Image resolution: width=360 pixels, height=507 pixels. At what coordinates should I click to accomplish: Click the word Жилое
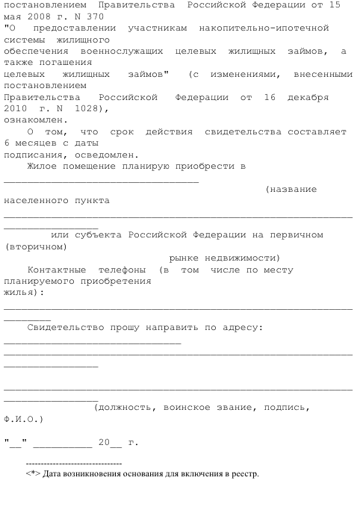coord(42,166)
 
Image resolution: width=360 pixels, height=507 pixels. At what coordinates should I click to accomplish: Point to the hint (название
coord(291,190)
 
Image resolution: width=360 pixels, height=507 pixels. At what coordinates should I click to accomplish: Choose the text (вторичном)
coord(35,246)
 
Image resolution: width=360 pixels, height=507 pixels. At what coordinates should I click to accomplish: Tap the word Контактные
coord(56,269)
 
